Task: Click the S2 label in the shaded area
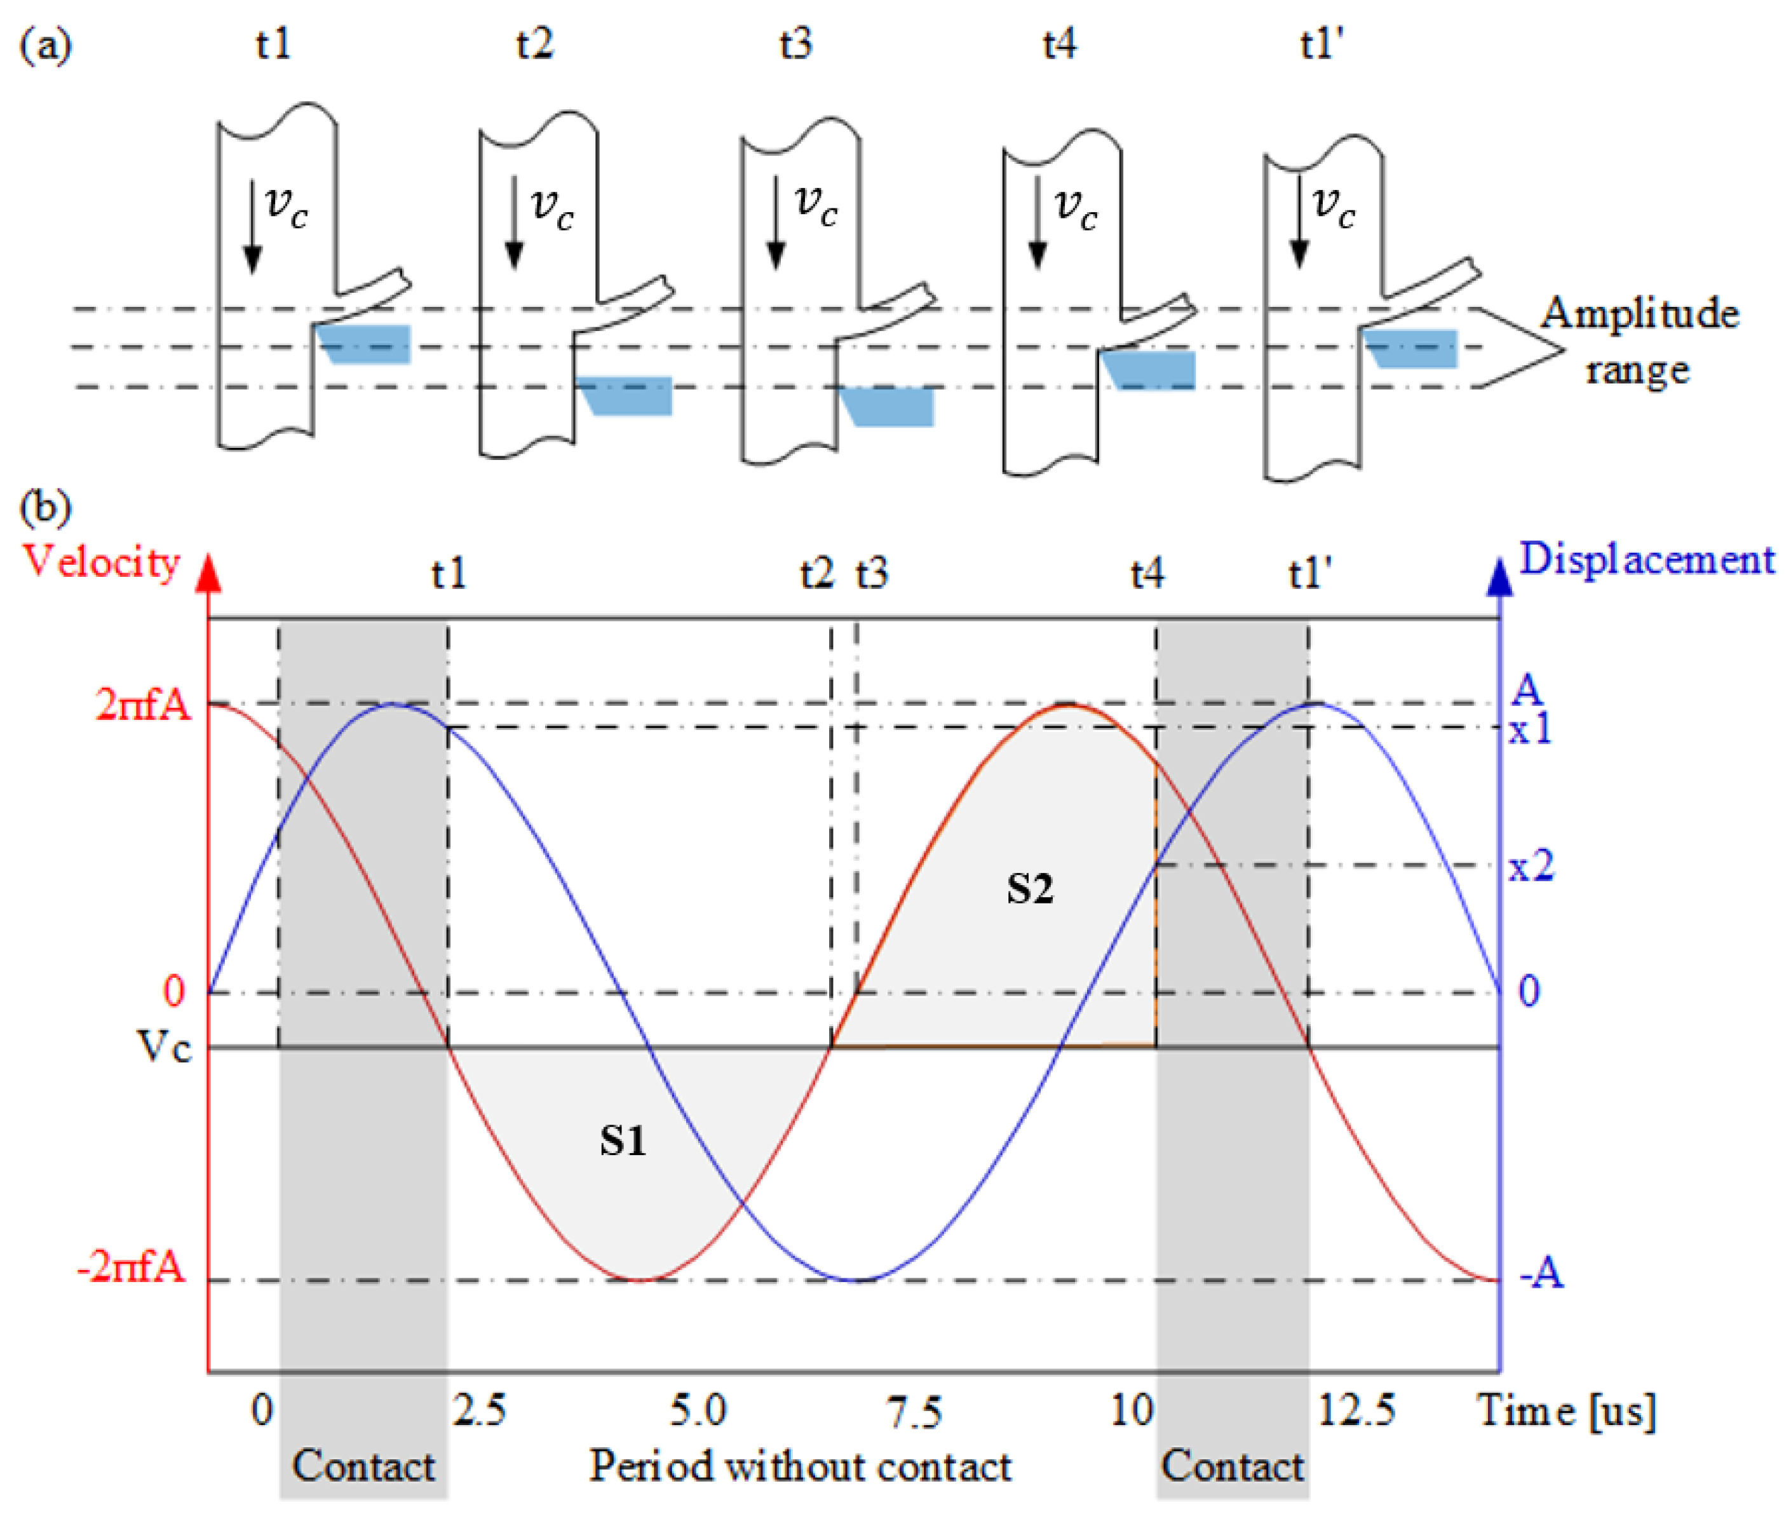(x=1029, y=888)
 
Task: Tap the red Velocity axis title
(x=101, y=561)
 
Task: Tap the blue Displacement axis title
(x=1646, y=560)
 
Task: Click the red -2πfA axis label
(x=130, y=1267)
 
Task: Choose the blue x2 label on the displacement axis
(x=1531, y=867)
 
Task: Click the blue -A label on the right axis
(x=1541, y=1272)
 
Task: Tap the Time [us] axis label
(x=1565, y=1411)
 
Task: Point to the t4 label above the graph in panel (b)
(x=1147, y=573)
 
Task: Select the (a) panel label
(x=44, y=44)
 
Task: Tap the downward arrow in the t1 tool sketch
(x=252, y=227)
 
